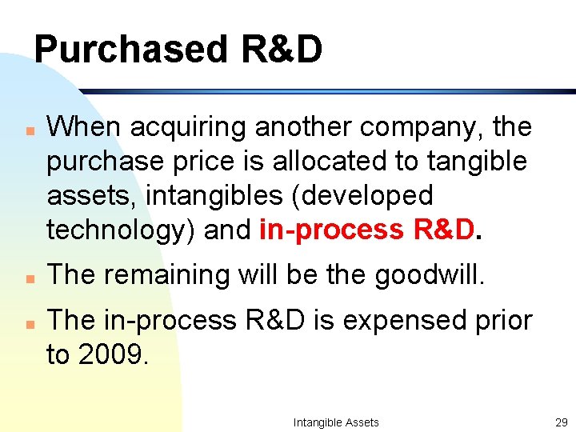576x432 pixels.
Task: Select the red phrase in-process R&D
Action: pos(367,230)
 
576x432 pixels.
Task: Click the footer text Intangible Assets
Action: pos(336,422)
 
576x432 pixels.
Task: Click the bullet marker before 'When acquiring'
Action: pos(28,128)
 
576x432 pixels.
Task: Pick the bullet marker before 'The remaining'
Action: pos(28,276)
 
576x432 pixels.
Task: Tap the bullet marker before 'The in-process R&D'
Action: pos(28,322)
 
